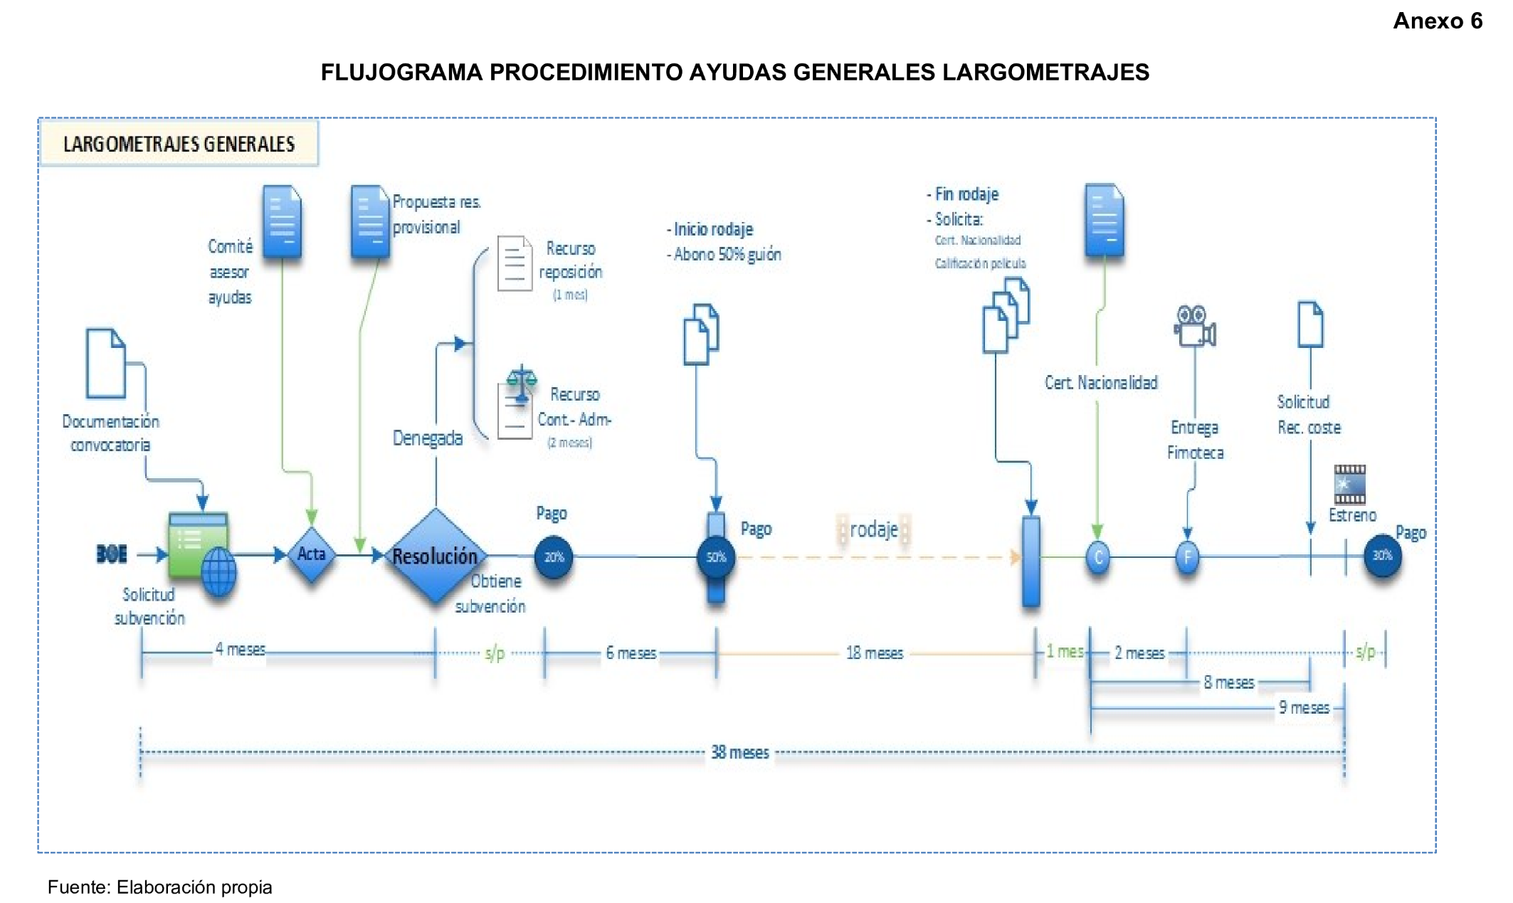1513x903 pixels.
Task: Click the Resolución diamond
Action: [x=436, y=556]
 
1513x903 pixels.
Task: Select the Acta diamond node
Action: [x=311, y=554]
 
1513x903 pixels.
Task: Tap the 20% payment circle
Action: [x=554, y=557]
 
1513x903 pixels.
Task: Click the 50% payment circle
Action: [x=716, y=557]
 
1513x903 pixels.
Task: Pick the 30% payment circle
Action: [x=1382, y=556]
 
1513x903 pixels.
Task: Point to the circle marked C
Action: [x=1098, y=557]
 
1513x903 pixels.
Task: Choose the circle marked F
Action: [x=1187, y=557]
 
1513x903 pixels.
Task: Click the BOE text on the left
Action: [x=112, y=554]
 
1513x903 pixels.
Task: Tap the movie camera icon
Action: [x=1194, y=327]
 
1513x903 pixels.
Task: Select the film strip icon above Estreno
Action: [x=1349, y=485]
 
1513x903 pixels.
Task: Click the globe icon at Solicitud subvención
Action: [x=218, y=571]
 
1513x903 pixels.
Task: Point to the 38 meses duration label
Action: [x=740, y=753]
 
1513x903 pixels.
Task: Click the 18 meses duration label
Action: [x=874, y=653]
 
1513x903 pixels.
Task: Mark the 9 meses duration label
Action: [x=1304, y=708]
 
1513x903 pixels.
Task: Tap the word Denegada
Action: [x=427, y=438]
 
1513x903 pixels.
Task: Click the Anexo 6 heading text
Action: [x=1437, y=21]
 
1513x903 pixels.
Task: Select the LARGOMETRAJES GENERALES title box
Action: [x=179, y=144]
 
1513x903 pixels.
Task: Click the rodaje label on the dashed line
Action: [x=873, y=530]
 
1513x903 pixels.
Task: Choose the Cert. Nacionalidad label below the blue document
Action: [x=1100, y=383]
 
